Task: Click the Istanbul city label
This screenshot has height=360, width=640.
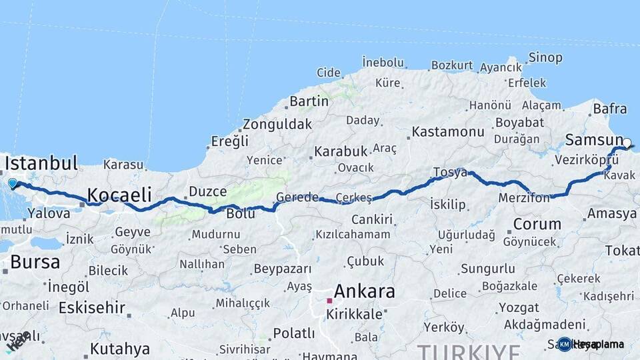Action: [x=41, y=163]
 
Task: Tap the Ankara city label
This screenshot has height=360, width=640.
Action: [x=364, y=291]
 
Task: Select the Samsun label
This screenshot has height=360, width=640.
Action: [x=594, y=139]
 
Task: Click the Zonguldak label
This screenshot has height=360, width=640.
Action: [x=277, y=125]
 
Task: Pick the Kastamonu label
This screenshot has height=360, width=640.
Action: [x=448, y=132]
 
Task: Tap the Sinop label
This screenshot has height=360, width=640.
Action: [x=545, y=57]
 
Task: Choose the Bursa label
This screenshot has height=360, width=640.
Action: [x=35, y=262]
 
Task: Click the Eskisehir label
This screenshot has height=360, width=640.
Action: [x=92, y=307]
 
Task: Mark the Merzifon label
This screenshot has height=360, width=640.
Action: [x=524, y=198]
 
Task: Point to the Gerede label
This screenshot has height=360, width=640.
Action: [x=297, y=198]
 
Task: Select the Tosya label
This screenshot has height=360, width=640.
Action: [x=450, y=172]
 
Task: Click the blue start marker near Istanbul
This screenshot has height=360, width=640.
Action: [x=13, y=183]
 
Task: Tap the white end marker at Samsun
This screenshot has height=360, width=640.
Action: [x=627, y=142]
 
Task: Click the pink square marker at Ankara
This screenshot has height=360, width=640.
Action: [x=329, y=301]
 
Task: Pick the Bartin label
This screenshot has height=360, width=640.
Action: [x=309, y=101]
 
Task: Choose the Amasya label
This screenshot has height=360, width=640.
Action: [x=611, y=214]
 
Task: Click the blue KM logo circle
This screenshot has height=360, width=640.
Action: [x=565, y=344]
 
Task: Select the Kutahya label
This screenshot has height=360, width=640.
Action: [x=120, y=349]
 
